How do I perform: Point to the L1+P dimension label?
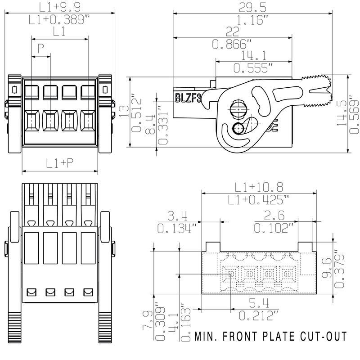(x=60, y=164)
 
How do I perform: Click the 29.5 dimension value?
(x=253, y=7)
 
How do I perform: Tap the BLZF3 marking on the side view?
(x=188, y=98)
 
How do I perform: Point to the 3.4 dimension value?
(x=177, y=216)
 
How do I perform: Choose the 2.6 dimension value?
(x=275, y=216)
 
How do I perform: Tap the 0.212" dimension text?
(x=259, y=315)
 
